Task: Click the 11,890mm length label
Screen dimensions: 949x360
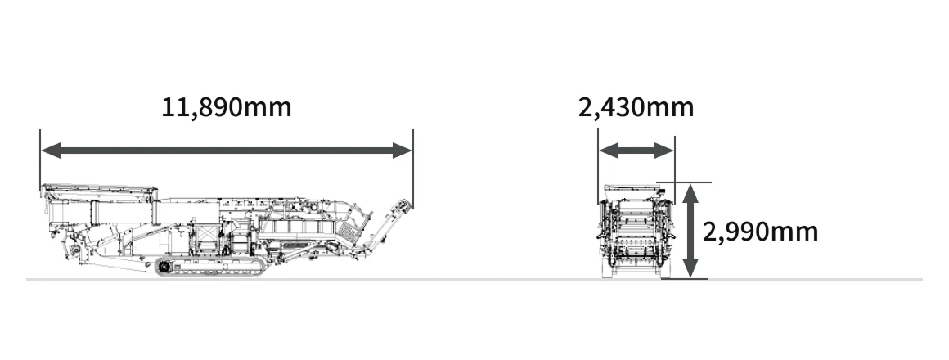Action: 227,108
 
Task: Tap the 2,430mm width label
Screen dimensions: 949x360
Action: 636,108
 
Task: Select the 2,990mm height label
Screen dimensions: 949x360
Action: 760,232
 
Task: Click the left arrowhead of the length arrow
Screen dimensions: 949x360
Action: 51,150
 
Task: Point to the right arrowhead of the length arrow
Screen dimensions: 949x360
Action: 403,150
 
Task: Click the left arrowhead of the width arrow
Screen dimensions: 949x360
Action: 609,151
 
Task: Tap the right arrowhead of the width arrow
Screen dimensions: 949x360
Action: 664,151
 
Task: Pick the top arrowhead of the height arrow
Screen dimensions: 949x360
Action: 690,194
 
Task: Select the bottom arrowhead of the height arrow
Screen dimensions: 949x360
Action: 690,268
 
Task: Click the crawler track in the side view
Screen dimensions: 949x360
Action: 210,266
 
